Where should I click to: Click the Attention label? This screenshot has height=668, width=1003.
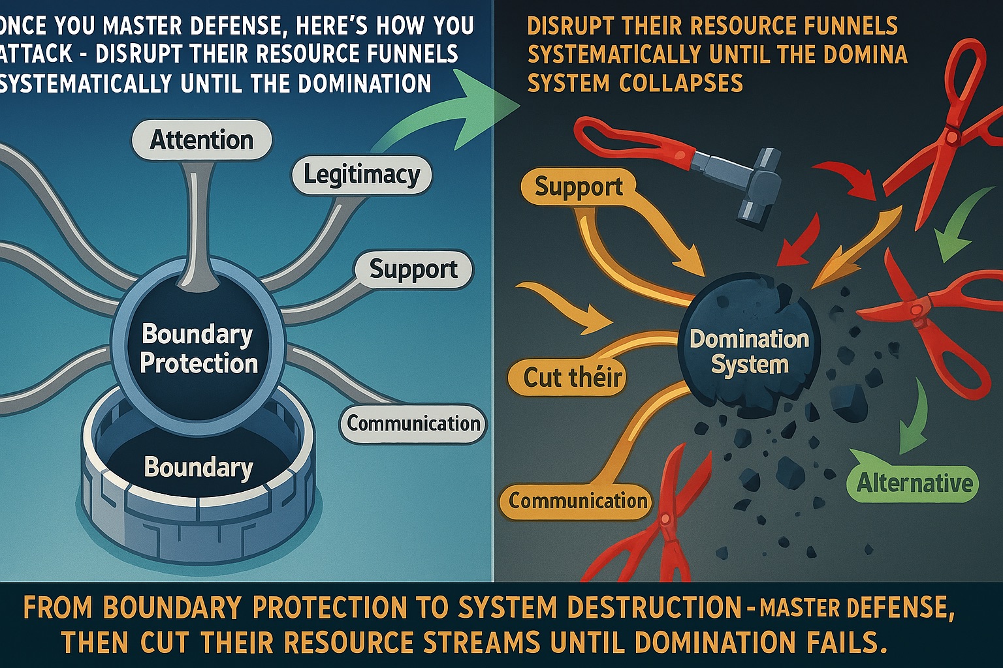[202, 140]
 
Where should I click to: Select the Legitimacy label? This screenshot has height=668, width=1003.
[362, 175]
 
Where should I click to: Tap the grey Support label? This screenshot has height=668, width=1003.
[413, 269]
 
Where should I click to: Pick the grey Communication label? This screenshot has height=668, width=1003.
[413, 424]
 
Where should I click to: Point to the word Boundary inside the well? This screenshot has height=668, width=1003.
[199, 467]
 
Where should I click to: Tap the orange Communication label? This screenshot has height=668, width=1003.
[578, 501]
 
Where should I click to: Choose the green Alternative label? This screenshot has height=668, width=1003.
[914, 483]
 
